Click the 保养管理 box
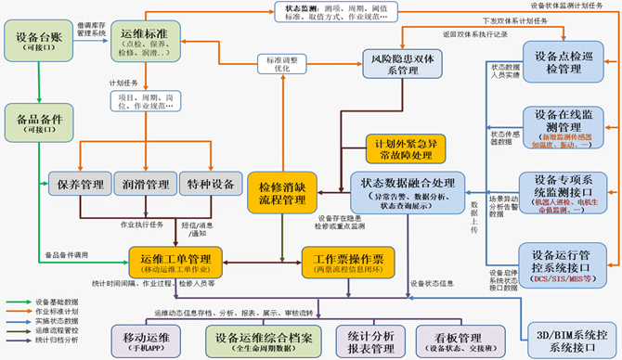79,186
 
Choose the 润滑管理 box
143,186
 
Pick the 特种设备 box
206,186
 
